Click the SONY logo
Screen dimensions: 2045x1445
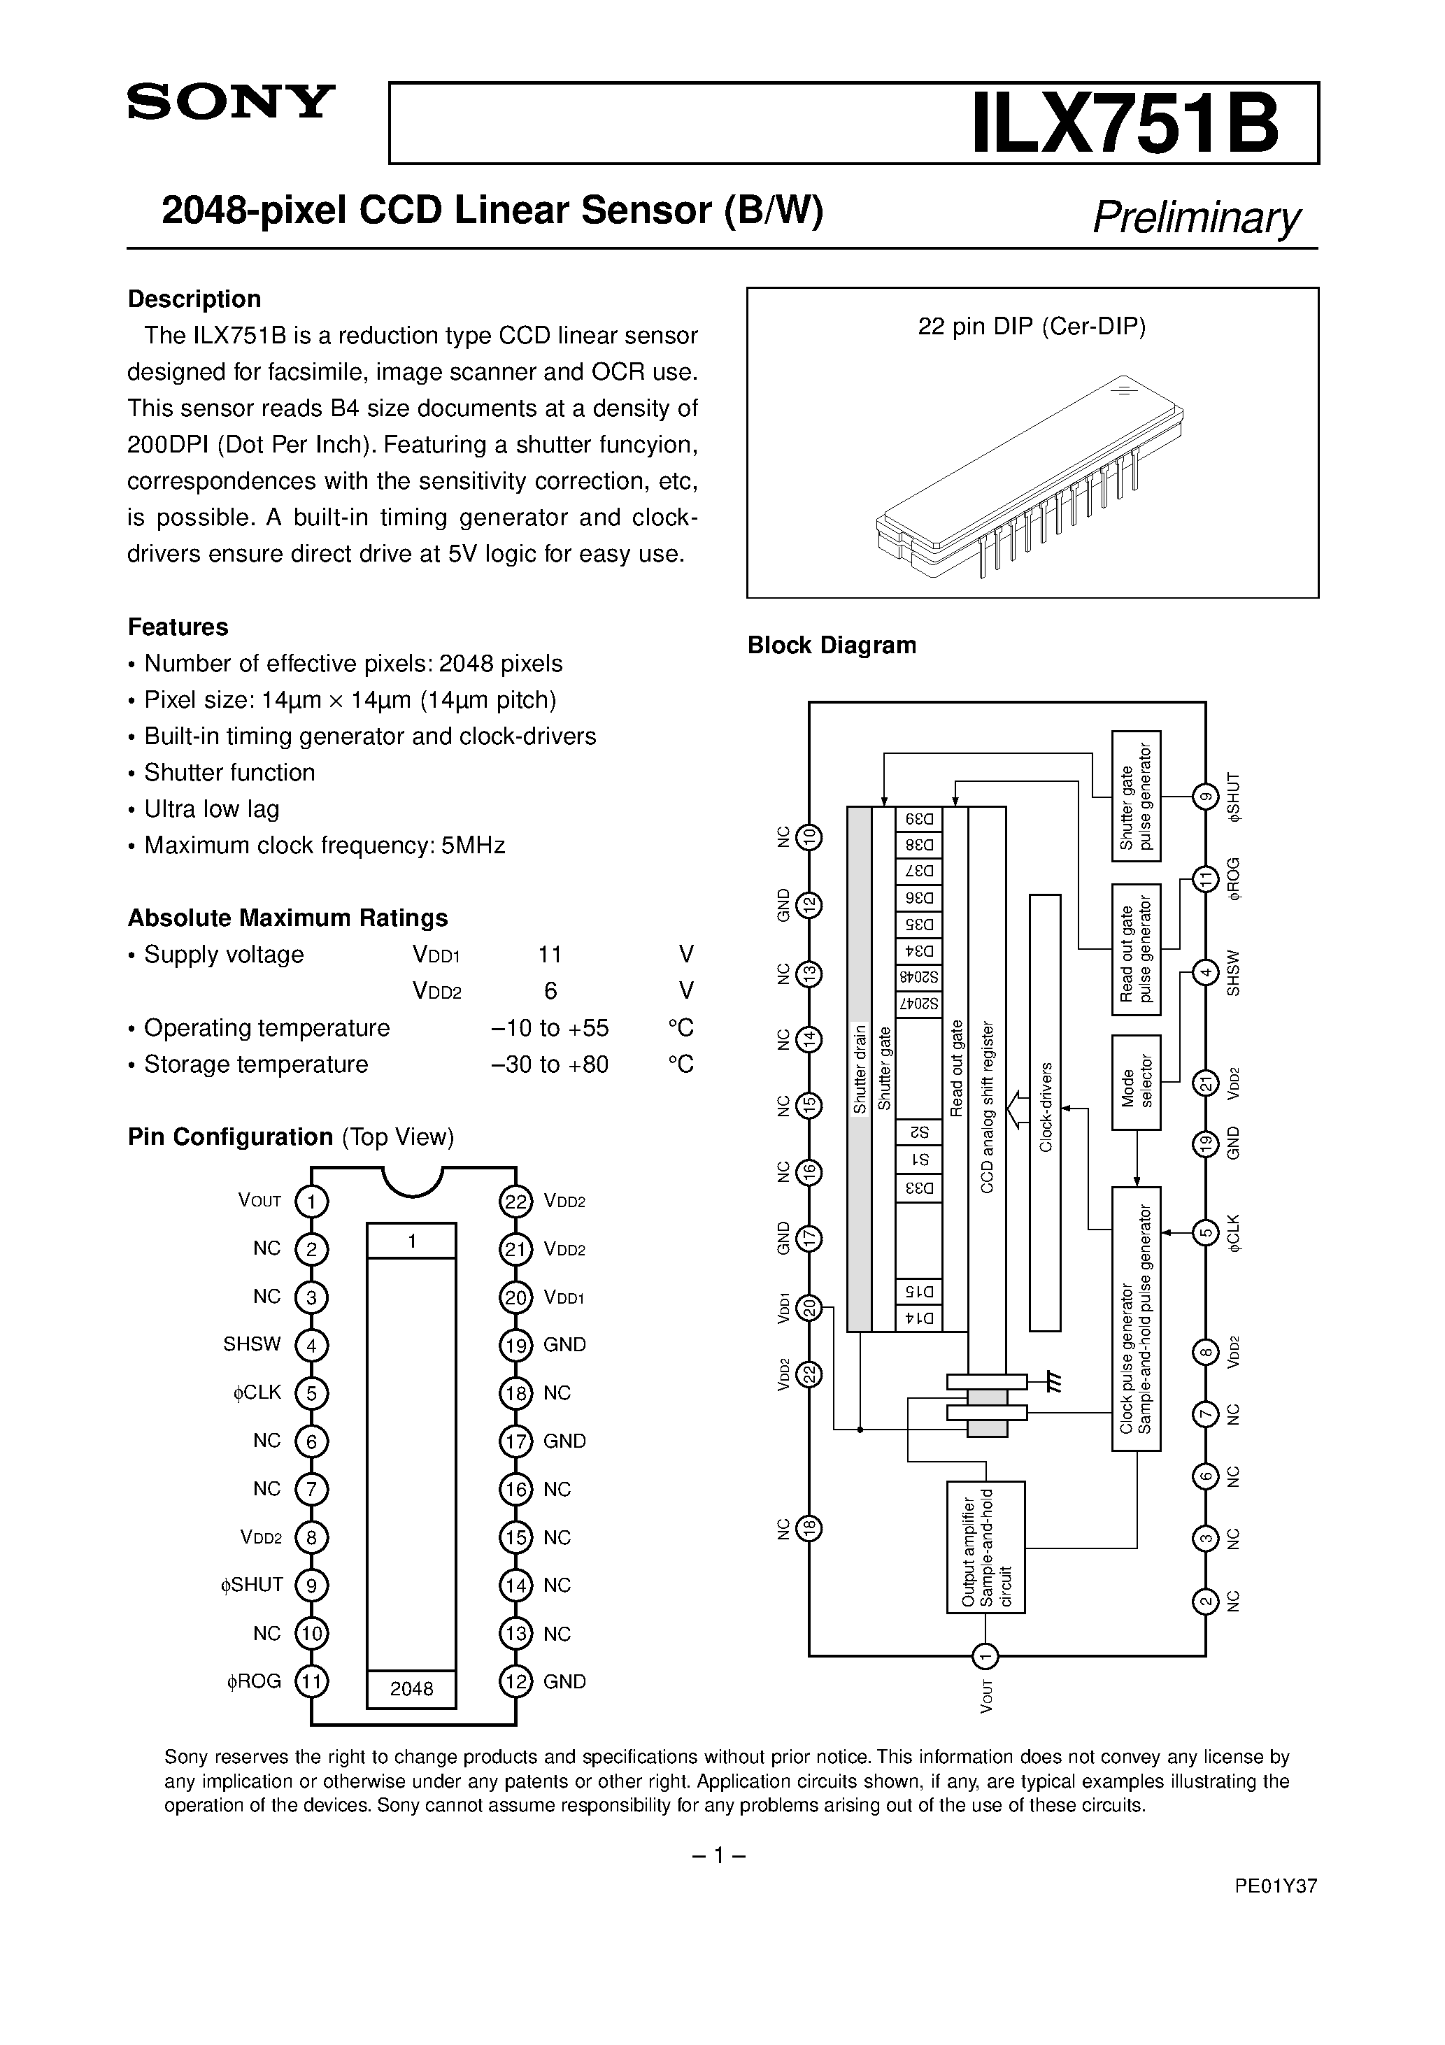click(231, 101)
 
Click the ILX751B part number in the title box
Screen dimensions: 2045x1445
click(1124, 124)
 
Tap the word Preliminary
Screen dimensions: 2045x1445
click(1195, 216)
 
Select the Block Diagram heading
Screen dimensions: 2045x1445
click(831, 645)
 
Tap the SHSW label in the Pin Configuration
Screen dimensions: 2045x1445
click(252, 1344)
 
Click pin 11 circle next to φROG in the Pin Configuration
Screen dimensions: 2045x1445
click(311, 1681)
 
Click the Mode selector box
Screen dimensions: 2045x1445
click(1136, 1082)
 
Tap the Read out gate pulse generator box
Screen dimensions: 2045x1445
click(1136, 950)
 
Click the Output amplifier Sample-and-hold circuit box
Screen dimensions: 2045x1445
click(985, 1547)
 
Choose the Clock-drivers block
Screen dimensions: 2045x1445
click(1045, 1113)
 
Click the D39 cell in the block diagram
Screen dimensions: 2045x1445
click(918, 820)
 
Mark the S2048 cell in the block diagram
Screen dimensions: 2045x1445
click(918, 977)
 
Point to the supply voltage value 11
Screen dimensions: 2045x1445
click(550, 955)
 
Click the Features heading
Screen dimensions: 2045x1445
click(178, 627)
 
